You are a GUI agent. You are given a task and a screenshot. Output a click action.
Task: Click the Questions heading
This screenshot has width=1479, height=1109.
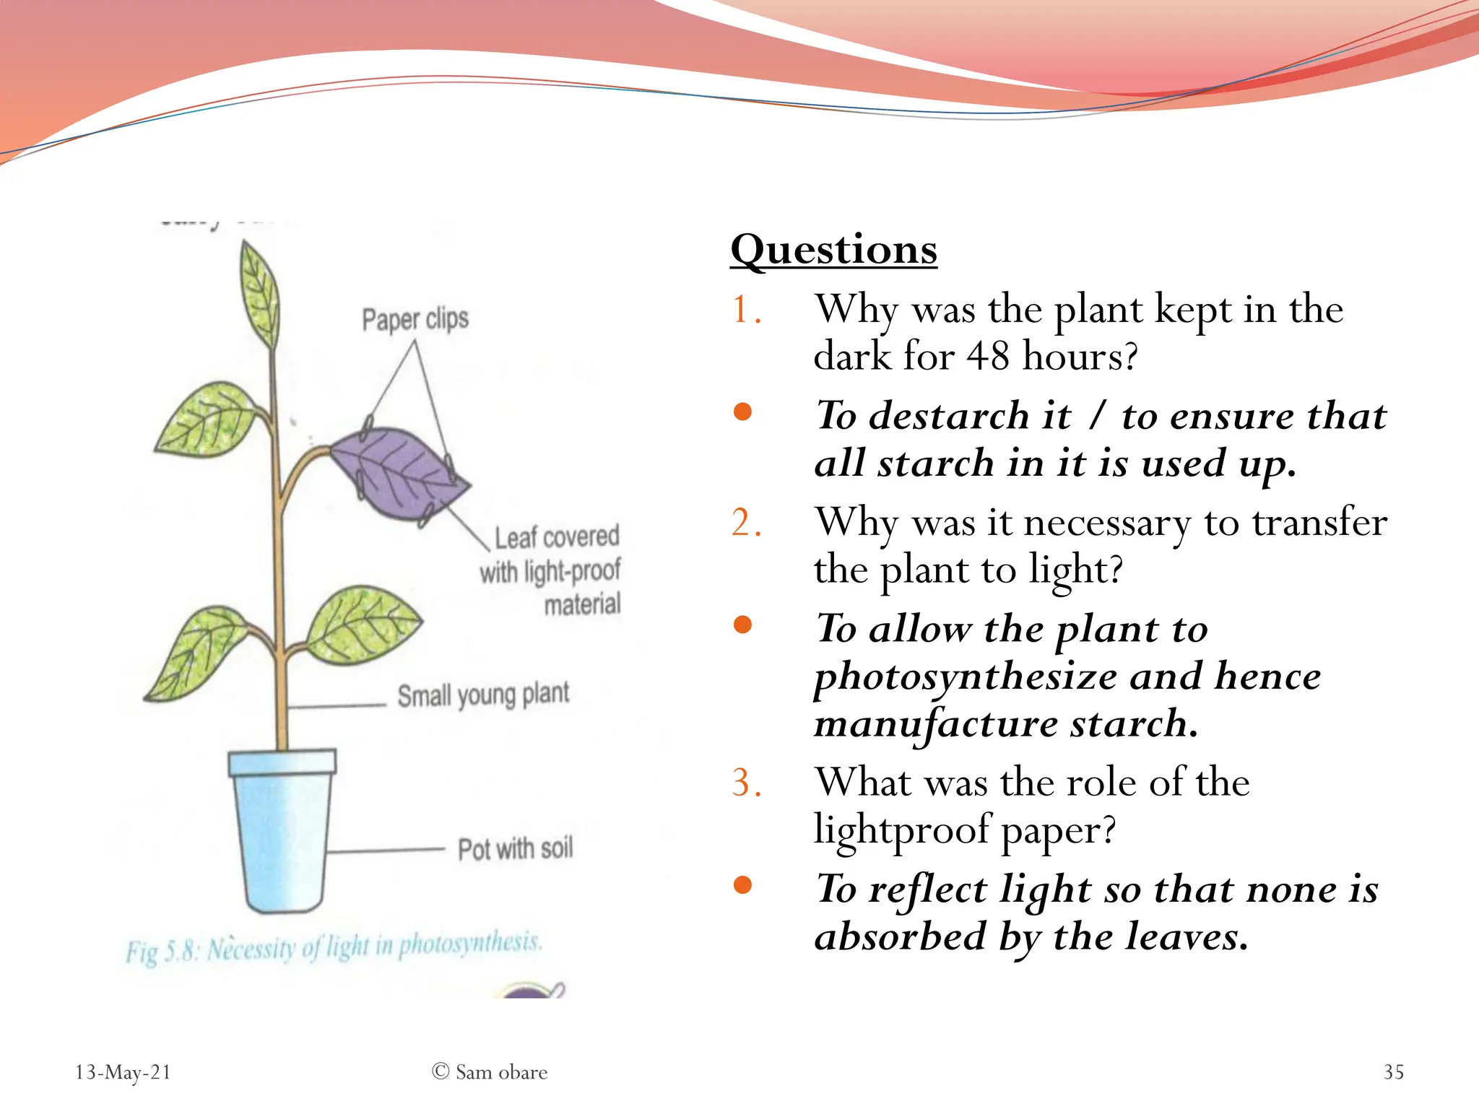tap(833, 251)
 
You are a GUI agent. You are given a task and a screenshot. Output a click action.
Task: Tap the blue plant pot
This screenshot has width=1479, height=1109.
tap(282, 830)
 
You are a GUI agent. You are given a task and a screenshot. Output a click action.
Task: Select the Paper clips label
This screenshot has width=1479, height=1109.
tap(415, 319)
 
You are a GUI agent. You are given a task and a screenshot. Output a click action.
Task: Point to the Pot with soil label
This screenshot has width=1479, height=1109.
tap(515, 849)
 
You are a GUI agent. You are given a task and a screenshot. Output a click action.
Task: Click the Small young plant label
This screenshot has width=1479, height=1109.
tap(483, 695)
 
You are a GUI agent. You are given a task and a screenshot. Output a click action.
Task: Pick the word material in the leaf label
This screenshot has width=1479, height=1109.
tap(582, 604)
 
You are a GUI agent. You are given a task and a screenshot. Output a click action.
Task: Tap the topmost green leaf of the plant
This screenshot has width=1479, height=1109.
tap(261, 292)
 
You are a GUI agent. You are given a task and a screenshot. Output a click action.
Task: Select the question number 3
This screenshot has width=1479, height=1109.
tap(745, 783)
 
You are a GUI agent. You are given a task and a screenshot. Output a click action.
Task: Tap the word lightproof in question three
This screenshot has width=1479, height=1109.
tap(902, 830)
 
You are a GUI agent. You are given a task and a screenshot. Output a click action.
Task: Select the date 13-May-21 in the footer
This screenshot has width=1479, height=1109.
tap(123, 1072)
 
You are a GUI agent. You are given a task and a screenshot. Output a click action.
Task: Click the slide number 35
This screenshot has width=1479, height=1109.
tap(1393, 1072)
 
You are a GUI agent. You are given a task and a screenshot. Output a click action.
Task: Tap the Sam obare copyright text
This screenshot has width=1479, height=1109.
tap(490, 1072)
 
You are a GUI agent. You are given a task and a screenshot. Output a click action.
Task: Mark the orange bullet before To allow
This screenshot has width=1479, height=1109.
tap(742, 625)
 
